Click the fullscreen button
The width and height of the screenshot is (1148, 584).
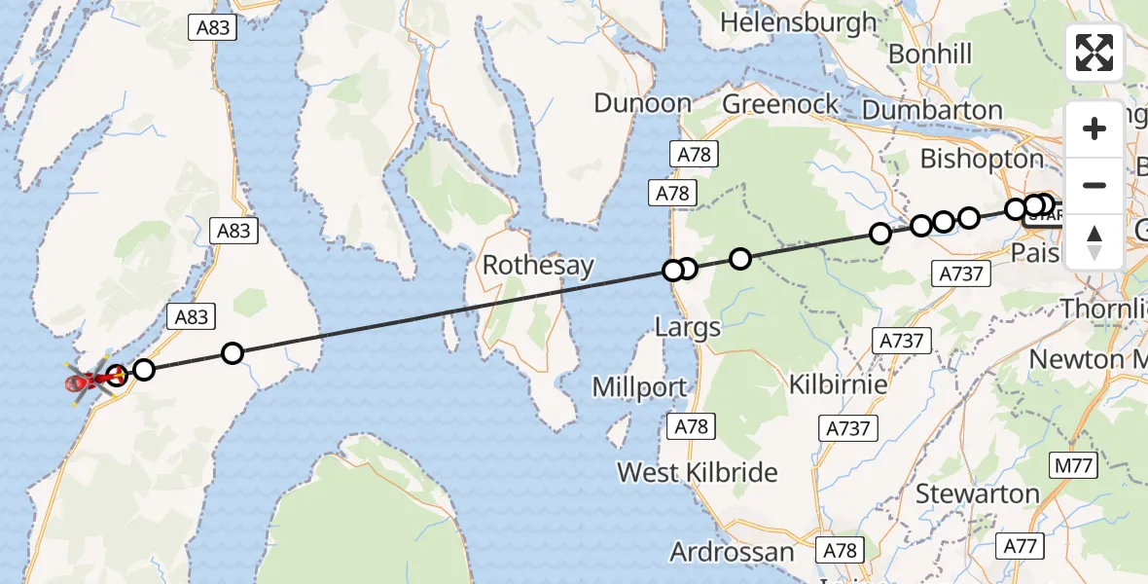tap(1094, 53)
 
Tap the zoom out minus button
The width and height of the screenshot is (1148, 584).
tap(1094, 185)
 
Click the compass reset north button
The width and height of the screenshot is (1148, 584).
tap(1094, 241)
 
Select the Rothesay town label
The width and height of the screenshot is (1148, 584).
tap(538, 265)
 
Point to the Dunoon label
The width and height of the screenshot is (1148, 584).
tap(643, 103)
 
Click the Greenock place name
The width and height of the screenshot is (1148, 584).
tap(780, 104)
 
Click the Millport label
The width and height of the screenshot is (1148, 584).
tap(640, 386)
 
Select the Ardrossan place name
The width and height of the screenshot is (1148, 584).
tap(732, 553)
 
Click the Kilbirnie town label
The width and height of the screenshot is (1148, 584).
tap(839, 383)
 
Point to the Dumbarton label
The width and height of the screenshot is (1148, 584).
tap(932, 110)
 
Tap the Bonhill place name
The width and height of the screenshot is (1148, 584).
tap(930, 54)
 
